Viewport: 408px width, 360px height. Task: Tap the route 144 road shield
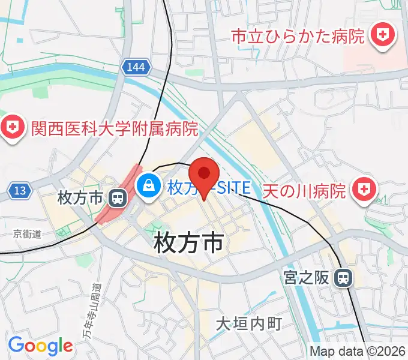point(136,67)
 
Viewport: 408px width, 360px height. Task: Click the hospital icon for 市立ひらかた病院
point(381,36)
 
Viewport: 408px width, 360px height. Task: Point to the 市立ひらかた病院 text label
point(298,37)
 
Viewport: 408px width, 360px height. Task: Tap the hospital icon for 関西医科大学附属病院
point(12,127)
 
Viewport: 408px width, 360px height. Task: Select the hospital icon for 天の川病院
point(363,190)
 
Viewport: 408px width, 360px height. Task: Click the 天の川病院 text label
point(305,191)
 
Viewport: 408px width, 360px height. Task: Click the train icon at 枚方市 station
point(118,197)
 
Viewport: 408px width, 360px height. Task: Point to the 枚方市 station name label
point(81,197)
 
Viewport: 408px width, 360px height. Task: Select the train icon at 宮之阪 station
point(343,278)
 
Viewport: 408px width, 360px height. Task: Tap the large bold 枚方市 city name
point(188,243)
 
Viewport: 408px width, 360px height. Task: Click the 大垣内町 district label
point(249,324)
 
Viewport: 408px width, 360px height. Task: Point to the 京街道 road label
point(28,235)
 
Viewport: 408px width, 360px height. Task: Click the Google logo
point(40,346)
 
